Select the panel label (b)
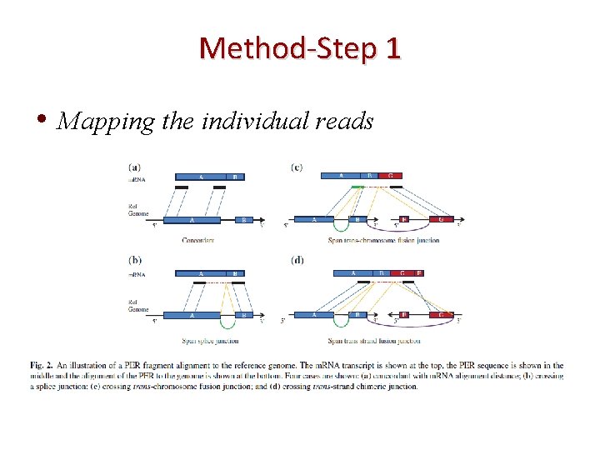[x=134, y=261]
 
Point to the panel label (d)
[x=297, y=261]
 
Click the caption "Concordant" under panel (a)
[x=197, y=241]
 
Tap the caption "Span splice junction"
[x=209, y=341]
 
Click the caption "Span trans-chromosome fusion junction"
[x=382, y=241]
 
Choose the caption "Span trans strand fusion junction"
[x=373, y=341]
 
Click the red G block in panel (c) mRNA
[x=390, y=177]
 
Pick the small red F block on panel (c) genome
[x=404, y=220]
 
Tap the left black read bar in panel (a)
[x=182, y=187]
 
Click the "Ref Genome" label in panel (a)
[x=137, y=210]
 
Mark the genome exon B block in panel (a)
[x=243, y=220]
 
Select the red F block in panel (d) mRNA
[x=418, y=272]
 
